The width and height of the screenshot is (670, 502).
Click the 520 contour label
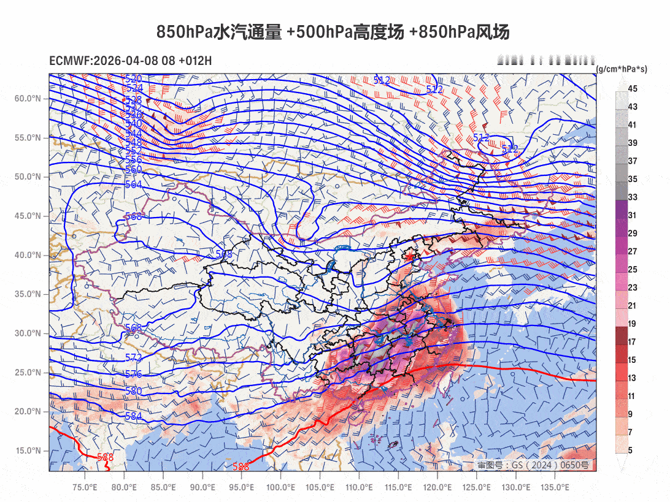pyautogui.click(x=133, y=79)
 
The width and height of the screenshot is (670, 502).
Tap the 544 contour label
pyautogui.click(x=133, y=134)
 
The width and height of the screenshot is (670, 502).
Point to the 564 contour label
pyautogui.click(x=133, y=184)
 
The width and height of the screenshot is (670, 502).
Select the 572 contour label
pyautogui.click(x=133, y=357)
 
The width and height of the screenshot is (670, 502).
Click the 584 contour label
pyautogui.click(x=133, y=417)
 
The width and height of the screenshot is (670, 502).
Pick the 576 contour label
pyautogui.click(x=133, y=375)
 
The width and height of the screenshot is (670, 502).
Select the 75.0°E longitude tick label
pyautogui.click(x=85, y=487)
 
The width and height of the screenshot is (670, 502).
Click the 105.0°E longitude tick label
pyautogui.click(x=320, y=487)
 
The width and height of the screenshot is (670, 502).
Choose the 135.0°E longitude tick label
pyautogui.click(x=555, y=487)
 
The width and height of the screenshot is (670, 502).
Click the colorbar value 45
pyautogui.click(x=633, y=89)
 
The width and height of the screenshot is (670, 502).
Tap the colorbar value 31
pyautogui.click(x=633, y=215)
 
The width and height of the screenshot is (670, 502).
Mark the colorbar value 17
pyautogui.click(x=633, y=342)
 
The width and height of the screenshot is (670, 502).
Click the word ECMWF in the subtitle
pyautogui.click(x=69, y=61)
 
